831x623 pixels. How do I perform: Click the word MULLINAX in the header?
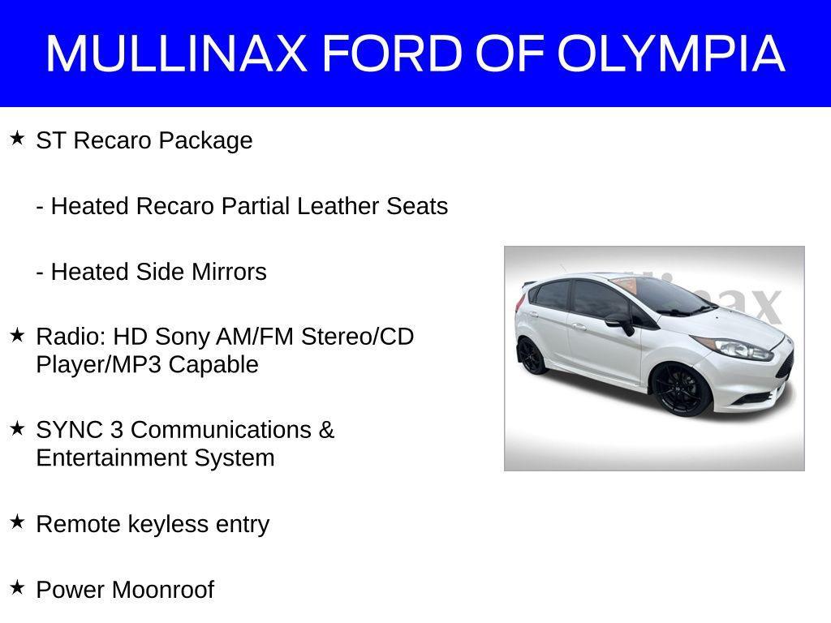[x=176, y=54]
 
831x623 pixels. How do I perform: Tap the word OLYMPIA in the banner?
[x=671, y=54]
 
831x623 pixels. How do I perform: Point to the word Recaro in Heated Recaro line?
[x=174, y=206]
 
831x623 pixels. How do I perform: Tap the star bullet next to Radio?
[x=17, y=333]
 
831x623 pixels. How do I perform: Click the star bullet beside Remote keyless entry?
[x=17, y=522]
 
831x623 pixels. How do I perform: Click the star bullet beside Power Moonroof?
[x=17, y=586]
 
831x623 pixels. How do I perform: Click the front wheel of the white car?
[x=679, y=390]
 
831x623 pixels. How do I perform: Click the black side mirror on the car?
[x=620, y=322]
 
